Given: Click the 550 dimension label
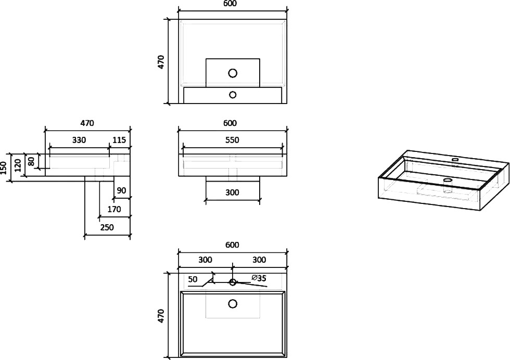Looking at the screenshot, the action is coord(232,140).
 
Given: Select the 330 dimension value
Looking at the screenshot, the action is coord(79,140).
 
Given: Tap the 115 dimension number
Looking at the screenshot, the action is coord(119,140).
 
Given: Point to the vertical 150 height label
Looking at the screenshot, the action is coord(4,168).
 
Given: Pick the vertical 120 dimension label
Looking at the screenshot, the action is coord(18,165).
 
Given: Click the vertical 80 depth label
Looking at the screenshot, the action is coord(31,161).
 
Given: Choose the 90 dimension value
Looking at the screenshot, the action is coord(121,190).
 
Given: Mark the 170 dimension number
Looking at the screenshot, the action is coord(114,209).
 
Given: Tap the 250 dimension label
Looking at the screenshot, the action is coord(107,227).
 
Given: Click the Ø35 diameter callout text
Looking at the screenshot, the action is coord(259,278).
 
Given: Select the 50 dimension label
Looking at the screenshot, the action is coord(193,279).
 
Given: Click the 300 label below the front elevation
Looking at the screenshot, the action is coord(232,192).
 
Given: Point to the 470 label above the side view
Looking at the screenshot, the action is coord(87,123).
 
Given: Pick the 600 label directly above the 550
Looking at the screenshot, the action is coord(230,123).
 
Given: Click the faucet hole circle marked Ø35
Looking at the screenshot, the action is coord(233,282).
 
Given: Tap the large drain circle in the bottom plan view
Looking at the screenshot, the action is coord(233,304).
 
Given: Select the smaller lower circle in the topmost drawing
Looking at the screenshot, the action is coord(233,95).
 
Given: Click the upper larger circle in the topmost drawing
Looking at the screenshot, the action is coord(233,73).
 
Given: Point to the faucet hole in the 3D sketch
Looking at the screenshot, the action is coord(455,160).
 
